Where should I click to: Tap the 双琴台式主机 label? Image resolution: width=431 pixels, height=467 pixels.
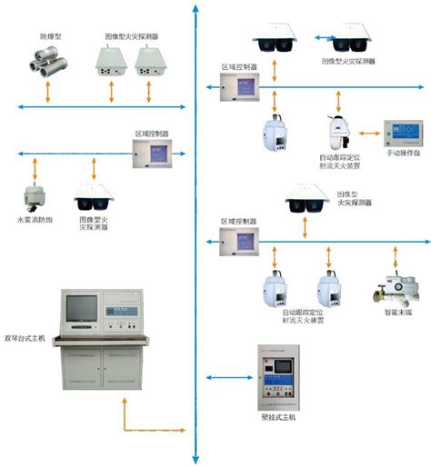[25, 338]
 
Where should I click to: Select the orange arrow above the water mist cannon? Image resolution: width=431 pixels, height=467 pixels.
[35, 168]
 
